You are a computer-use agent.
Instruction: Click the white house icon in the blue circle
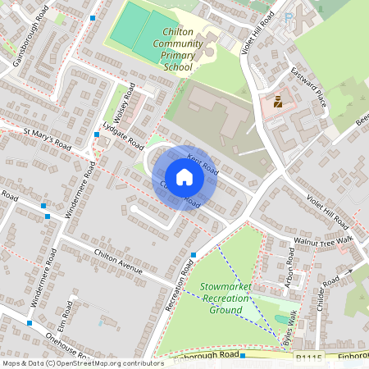(x=184, y=177)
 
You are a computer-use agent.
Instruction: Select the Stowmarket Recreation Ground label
(x=225, y=298)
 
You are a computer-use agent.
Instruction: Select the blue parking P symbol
(x=288, y=16)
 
